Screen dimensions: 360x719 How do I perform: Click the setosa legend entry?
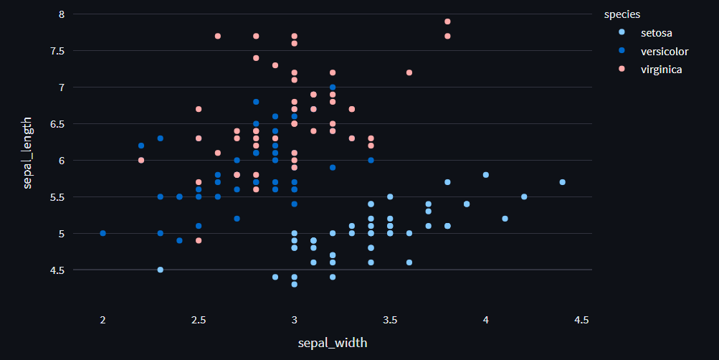click(656, 32)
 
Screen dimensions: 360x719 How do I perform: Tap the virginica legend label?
click(661, 70)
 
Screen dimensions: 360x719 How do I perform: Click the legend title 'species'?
click(622, 14)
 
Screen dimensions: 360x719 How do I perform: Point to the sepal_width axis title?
click(333, 343)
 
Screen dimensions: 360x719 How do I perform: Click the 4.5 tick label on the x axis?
click(581, 319)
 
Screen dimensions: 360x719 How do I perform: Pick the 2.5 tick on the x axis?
click(199, 319)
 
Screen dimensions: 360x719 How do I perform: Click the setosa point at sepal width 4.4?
click(562, 182)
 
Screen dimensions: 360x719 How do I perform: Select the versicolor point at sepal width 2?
click(103, 233)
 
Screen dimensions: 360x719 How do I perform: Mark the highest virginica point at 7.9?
click(447, 22)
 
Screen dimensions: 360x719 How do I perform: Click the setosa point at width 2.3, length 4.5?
click(161, 270)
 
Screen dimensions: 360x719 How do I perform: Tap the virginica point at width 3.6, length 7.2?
click(409, 72)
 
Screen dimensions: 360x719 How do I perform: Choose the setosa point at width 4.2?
click(524, 196)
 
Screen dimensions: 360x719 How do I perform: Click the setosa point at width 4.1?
click(505, 219)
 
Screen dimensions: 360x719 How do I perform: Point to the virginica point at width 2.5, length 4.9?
click(199, 240)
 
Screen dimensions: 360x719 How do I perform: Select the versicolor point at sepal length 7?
click(333, 87)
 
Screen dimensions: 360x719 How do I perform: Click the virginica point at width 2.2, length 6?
click(141, 160)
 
